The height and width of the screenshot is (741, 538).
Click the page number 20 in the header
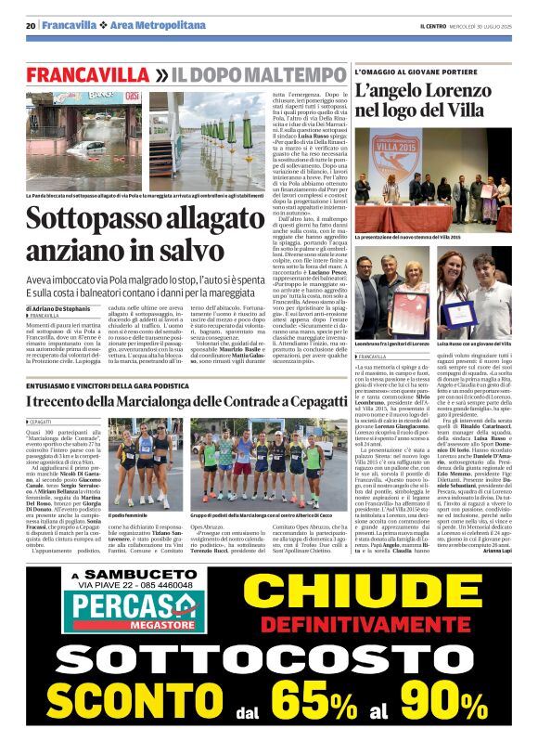(32, 25)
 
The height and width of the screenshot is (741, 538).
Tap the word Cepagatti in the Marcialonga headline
(306, 401)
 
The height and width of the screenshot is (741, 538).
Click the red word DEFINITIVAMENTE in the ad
(382, 627)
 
